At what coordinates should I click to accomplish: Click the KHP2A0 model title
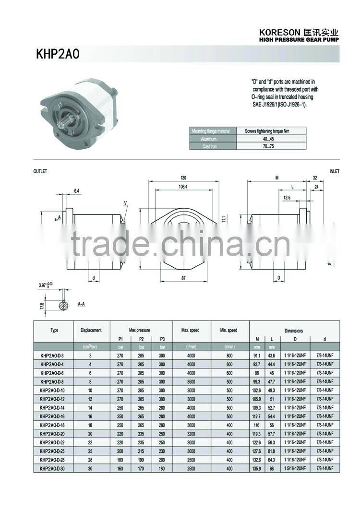pos(58,54)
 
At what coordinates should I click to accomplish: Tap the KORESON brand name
pos(280,32)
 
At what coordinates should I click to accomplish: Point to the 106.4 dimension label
pos(183,187)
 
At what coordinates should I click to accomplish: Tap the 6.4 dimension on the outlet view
pos(77,191)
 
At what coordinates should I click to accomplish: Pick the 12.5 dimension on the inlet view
pos(287,198)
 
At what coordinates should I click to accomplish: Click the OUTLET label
pos(40,171)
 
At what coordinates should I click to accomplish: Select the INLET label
pos(334,171)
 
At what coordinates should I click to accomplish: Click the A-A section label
pos(82,304)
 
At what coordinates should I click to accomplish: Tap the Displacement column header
pos(91,330)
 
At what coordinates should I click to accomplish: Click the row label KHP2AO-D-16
pos(52,416)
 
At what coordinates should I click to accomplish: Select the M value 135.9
pos(257,468)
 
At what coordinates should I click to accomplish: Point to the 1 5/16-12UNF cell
pos(294,468)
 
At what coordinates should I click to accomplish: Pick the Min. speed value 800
pos(229,355)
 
